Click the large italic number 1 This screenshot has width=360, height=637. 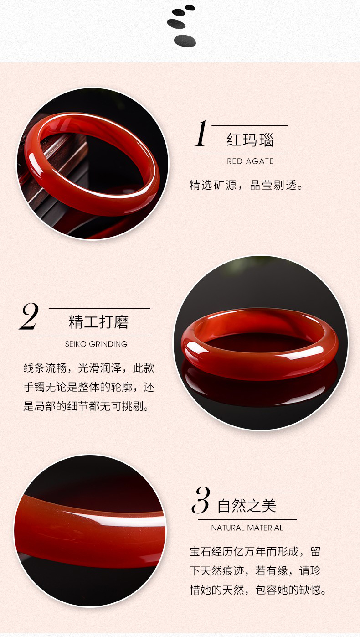[x=201, y=133]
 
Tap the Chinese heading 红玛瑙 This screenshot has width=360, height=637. [x=250, y=140]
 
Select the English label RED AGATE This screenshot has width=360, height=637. [x=250, y=161]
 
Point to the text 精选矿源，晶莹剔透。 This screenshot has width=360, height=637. [x=246, y=185]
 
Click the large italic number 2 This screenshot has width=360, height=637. [x=29, y=316]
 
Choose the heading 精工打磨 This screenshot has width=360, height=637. [x=98, y=322]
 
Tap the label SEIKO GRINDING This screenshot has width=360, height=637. [x=96, y=344]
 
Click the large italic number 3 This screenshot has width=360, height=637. [x=201, y=500]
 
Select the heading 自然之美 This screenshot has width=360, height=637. [x=247, y=506]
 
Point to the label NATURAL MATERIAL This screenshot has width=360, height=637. [x=247, y=528]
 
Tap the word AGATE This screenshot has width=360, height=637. [x=260, y=161]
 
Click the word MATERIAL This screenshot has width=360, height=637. [x=265, y=528]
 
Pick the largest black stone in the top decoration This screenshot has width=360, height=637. [x=185, y=41]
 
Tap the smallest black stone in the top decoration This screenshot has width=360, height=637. [x=190, y=8]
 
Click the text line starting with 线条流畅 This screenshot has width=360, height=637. [x=89, y=368]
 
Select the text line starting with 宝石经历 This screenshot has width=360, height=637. [x=255, y=552]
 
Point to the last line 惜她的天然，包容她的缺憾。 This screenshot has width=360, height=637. [x=258, y=590]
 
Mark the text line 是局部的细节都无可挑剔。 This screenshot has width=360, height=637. [x=86, y=406]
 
